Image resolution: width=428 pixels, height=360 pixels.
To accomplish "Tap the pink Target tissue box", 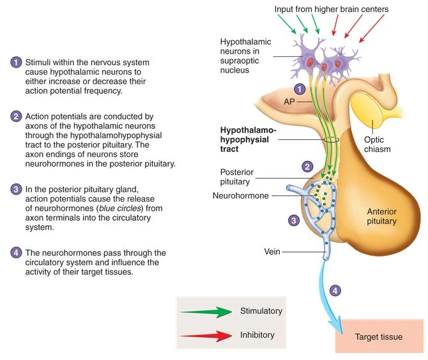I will click(x=379, y=336).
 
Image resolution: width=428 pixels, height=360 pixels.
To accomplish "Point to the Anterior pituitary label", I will click(x=381, y=216).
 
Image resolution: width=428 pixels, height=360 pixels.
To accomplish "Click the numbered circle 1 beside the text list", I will click(x=16, y=62).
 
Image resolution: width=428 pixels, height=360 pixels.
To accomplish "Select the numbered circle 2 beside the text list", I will click(x=16, y=117).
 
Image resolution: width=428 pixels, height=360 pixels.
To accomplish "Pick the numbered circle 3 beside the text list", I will click(x=16, y=190).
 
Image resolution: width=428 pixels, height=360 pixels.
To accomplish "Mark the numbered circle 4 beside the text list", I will click(x=16, y=253).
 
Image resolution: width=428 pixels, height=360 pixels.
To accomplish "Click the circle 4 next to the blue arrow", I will click(x=336, y=290).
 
